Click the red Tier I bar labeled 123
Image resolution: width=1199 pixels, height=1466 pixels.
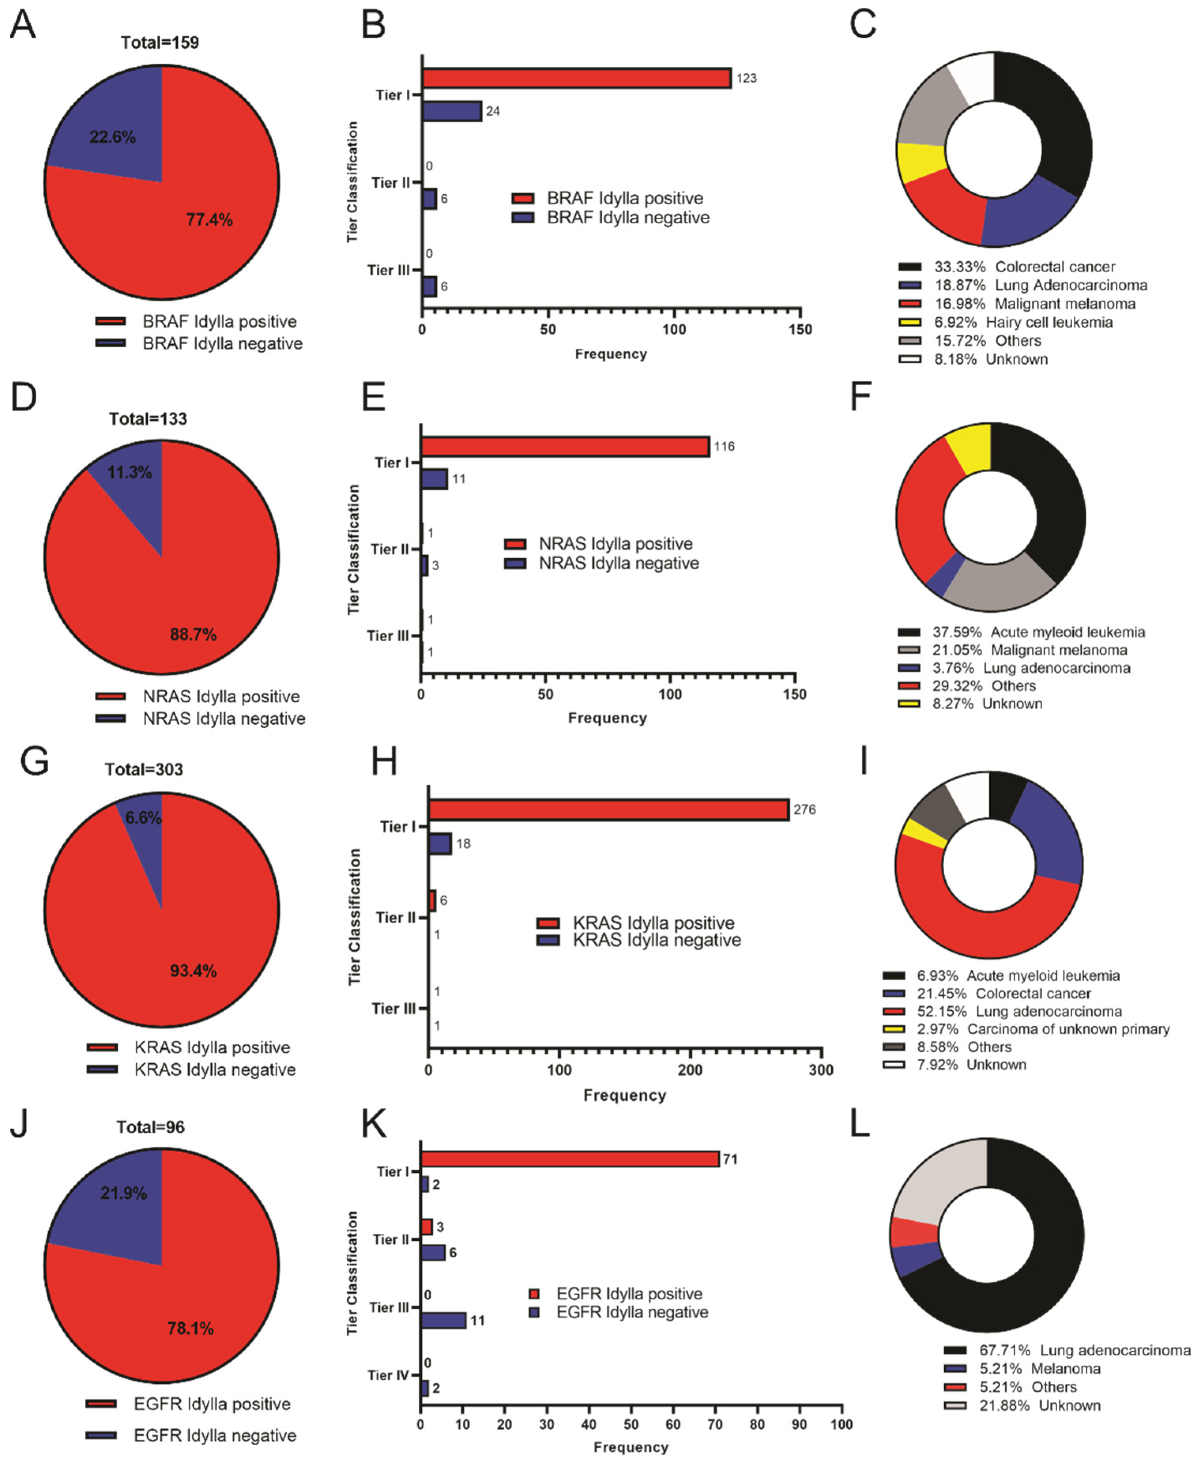[x=577, y=78]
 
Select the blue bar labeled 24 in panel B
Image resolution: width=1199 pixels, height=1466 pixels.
[x=452, y=111]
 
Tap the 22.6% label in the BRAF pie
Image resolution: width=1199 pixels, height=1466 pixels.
[x=113, y=137]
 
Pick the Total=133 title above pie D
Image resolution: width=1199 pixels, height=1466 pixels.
[x=148, y=419]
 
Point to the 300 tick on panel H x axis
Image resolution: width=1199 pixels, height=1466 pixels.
[x=821, y=1070]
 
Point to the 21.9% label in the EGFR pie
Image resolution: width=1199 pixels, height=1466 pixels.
[x=123, y=1193]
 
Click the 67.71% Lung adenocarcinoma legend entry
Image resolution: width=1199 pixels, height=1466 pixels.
[x=1066, y=1350]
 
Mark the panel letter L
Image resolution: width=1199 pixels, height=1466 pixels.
[x=859, y=1125]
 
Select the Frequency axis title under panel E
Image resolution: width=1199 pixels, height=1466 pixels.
[x=607, y=718]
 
